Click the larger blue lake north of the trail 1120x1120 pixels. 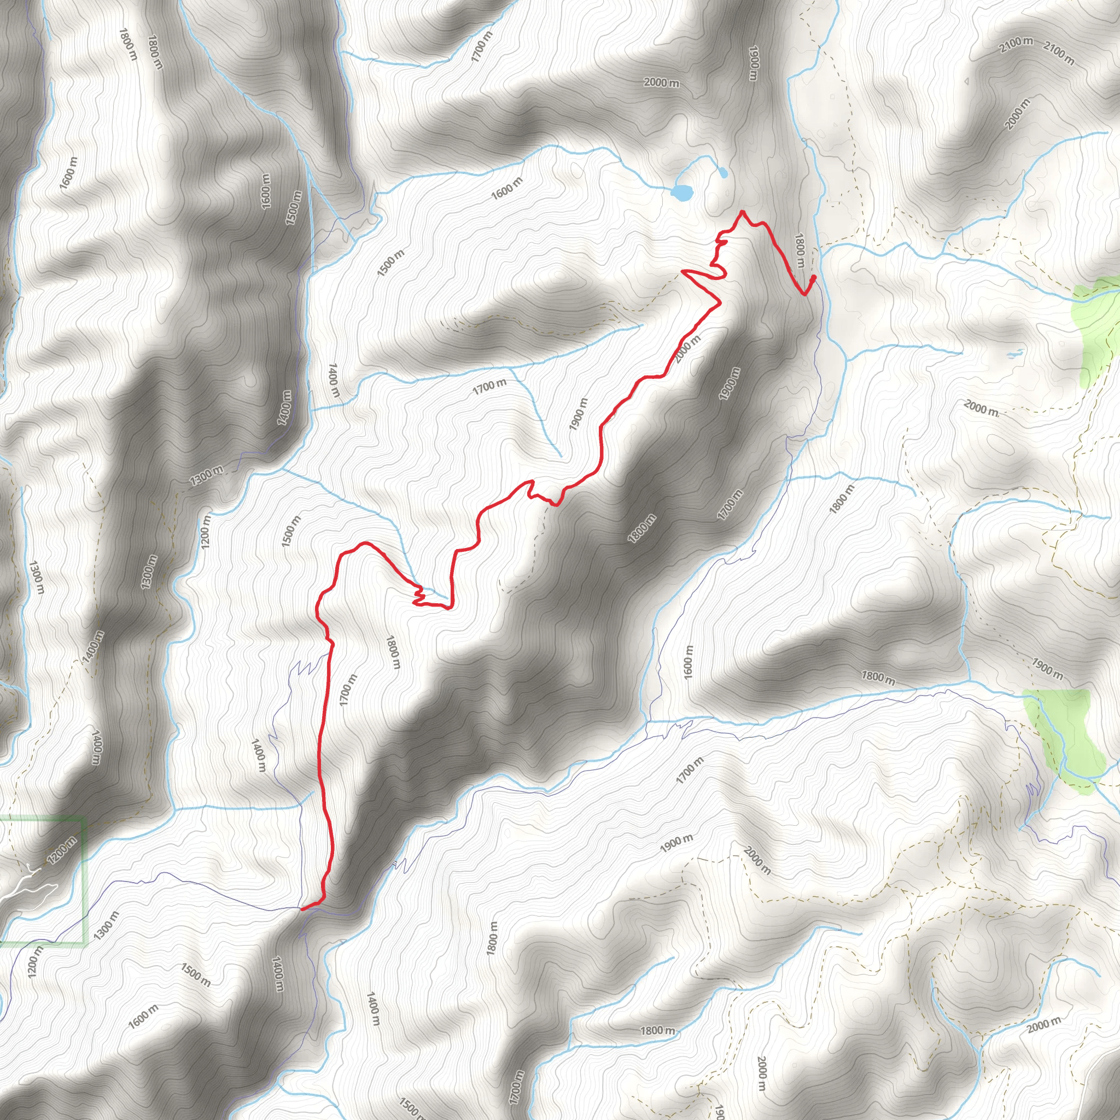pos(682,192)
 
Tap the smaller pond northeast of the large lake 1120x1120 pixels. pos(722,172)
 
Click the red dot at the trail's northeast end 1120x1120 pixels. pos(813,278)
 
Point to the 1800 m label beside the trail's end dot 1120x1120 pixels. pos(800,250)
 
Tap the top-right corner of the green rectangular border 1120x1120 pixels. pos(85,819)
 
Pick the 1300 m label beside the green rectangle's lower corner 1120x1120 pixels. pos(106,926)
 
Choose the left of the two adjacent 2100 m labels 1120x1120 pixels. pos(1016,45)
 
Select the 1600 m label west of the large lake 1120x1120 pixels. pos(506,189)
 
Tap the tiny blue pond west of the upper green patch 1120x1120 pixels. pos(1014,353)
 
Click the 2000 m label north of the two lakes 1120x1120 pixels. pos(662,83)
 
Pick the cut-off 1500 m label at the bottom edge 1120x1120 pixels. pos(411,1107)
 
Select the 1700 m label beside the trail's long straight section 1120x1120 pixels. pos(348,690)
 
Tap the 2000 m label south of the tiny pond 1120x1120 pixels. pos(982,407)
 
